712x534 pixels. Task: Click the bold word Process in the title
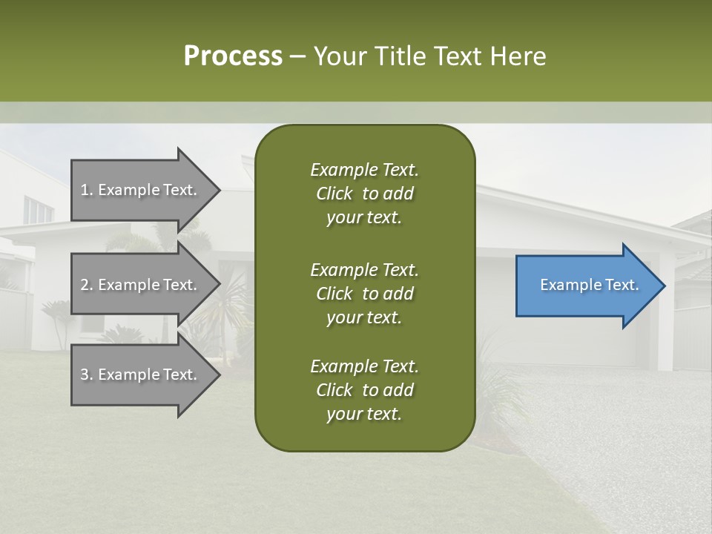click(x=233, y=56)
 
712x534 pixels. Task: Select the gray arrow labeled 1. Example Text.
click(x=141, y=190)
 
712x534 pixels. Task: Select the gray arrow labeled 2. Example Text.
click(x=141, y=285)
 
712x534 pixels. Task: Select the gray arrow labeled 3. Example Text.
click(x=141, y=375)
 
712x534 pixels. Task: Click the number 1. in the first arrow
click(x=87, y=190)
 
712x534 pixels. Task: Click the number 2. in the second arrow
click(x=87, y=285)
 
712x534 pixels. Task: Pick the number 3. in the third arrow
click(x=87, y=375)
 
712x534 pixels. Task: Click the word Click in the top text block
click(x=334, y=194)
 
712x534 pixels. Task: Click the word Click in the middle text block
click(x=334, y=294)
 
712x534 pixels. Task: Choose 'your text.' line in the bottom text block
click(x=364, y=414)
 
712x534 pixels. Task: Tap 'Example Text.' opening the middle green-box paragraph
click(x=364, y=270)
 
